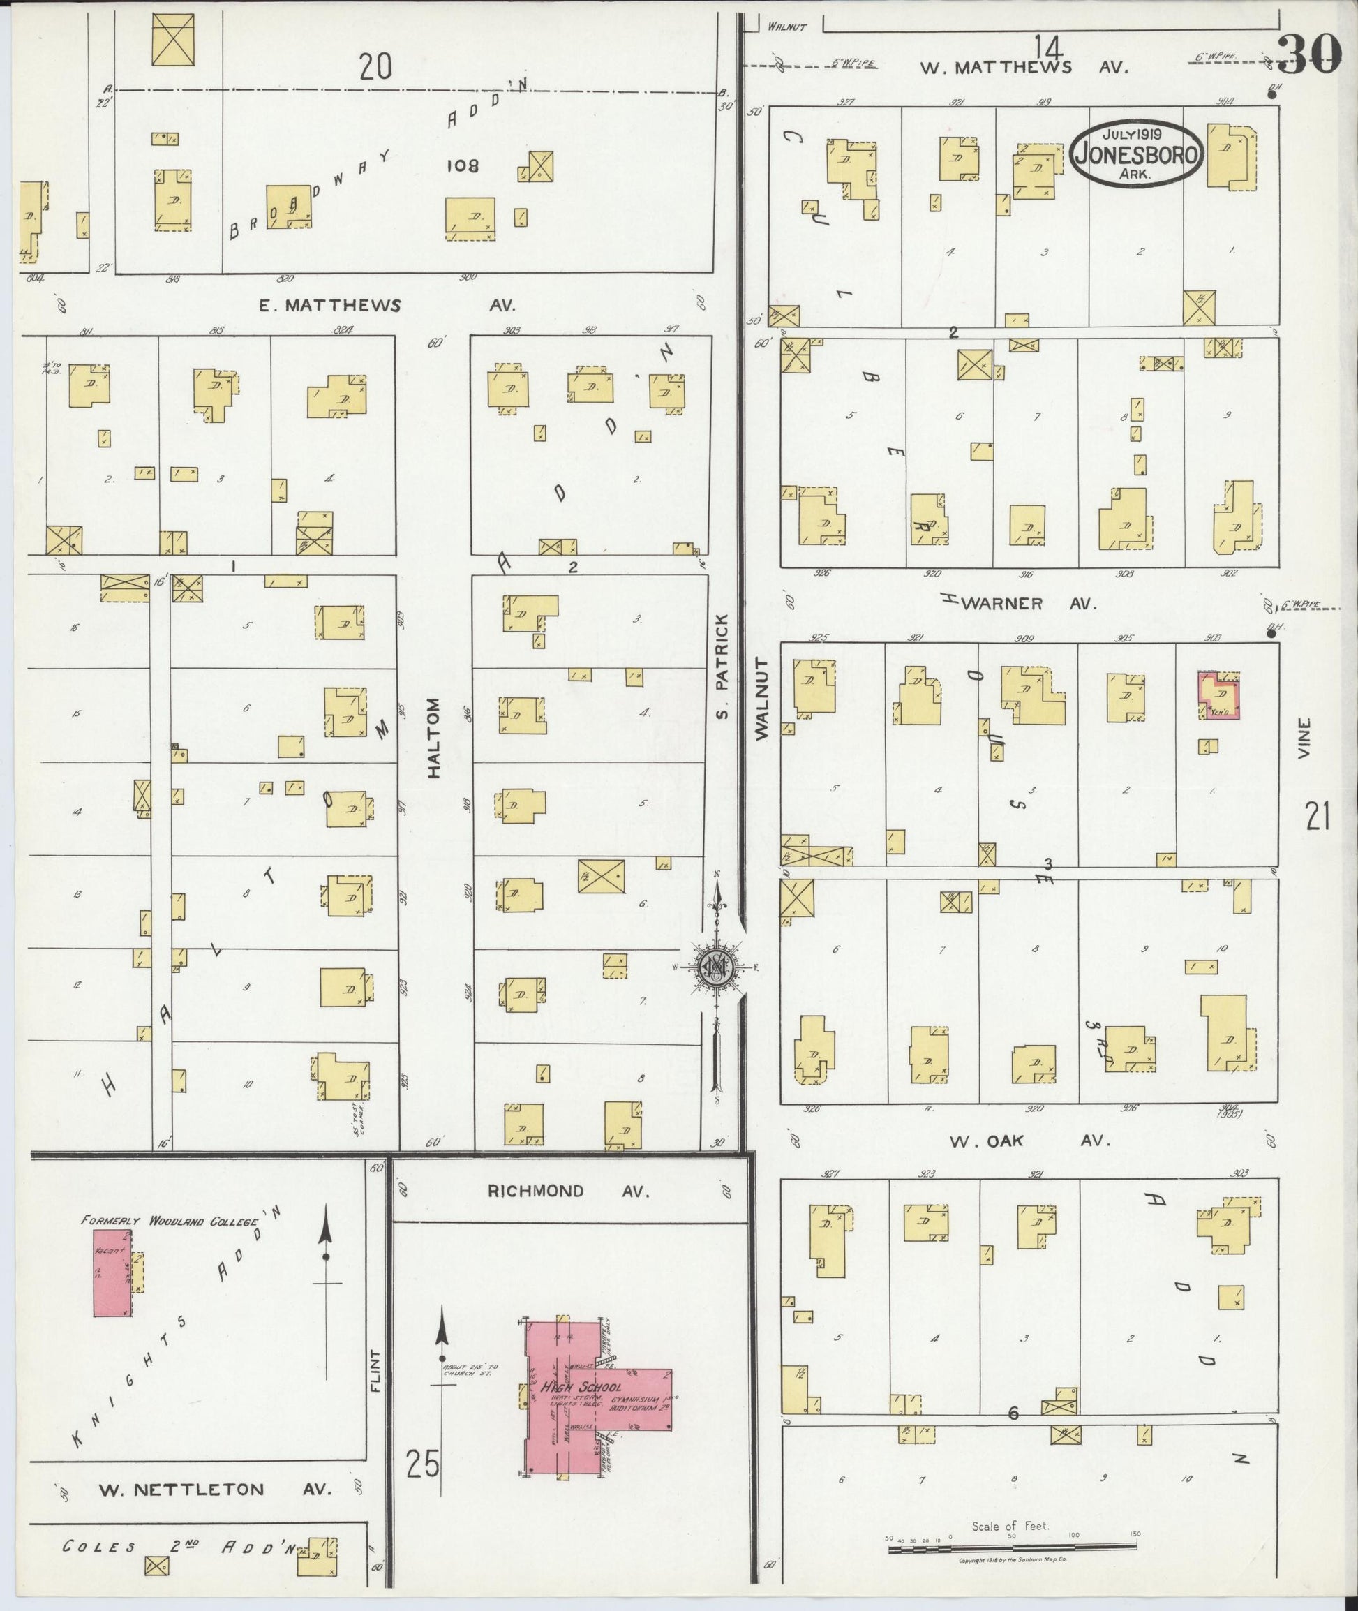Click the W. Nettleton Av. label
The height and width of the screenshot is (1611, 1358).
(214, 1490)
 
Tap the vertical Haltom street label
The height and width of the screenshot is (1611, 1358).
(433, 738)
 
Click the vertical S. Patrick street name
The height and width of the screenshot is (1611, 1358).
(722, 666)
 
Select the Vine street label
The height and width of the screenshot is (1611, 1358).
(1303, 738)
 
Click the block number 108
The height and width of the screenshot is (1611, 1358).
(461, 165)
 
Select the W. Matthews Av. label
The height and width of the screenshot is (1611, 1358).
(1024, 67)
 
